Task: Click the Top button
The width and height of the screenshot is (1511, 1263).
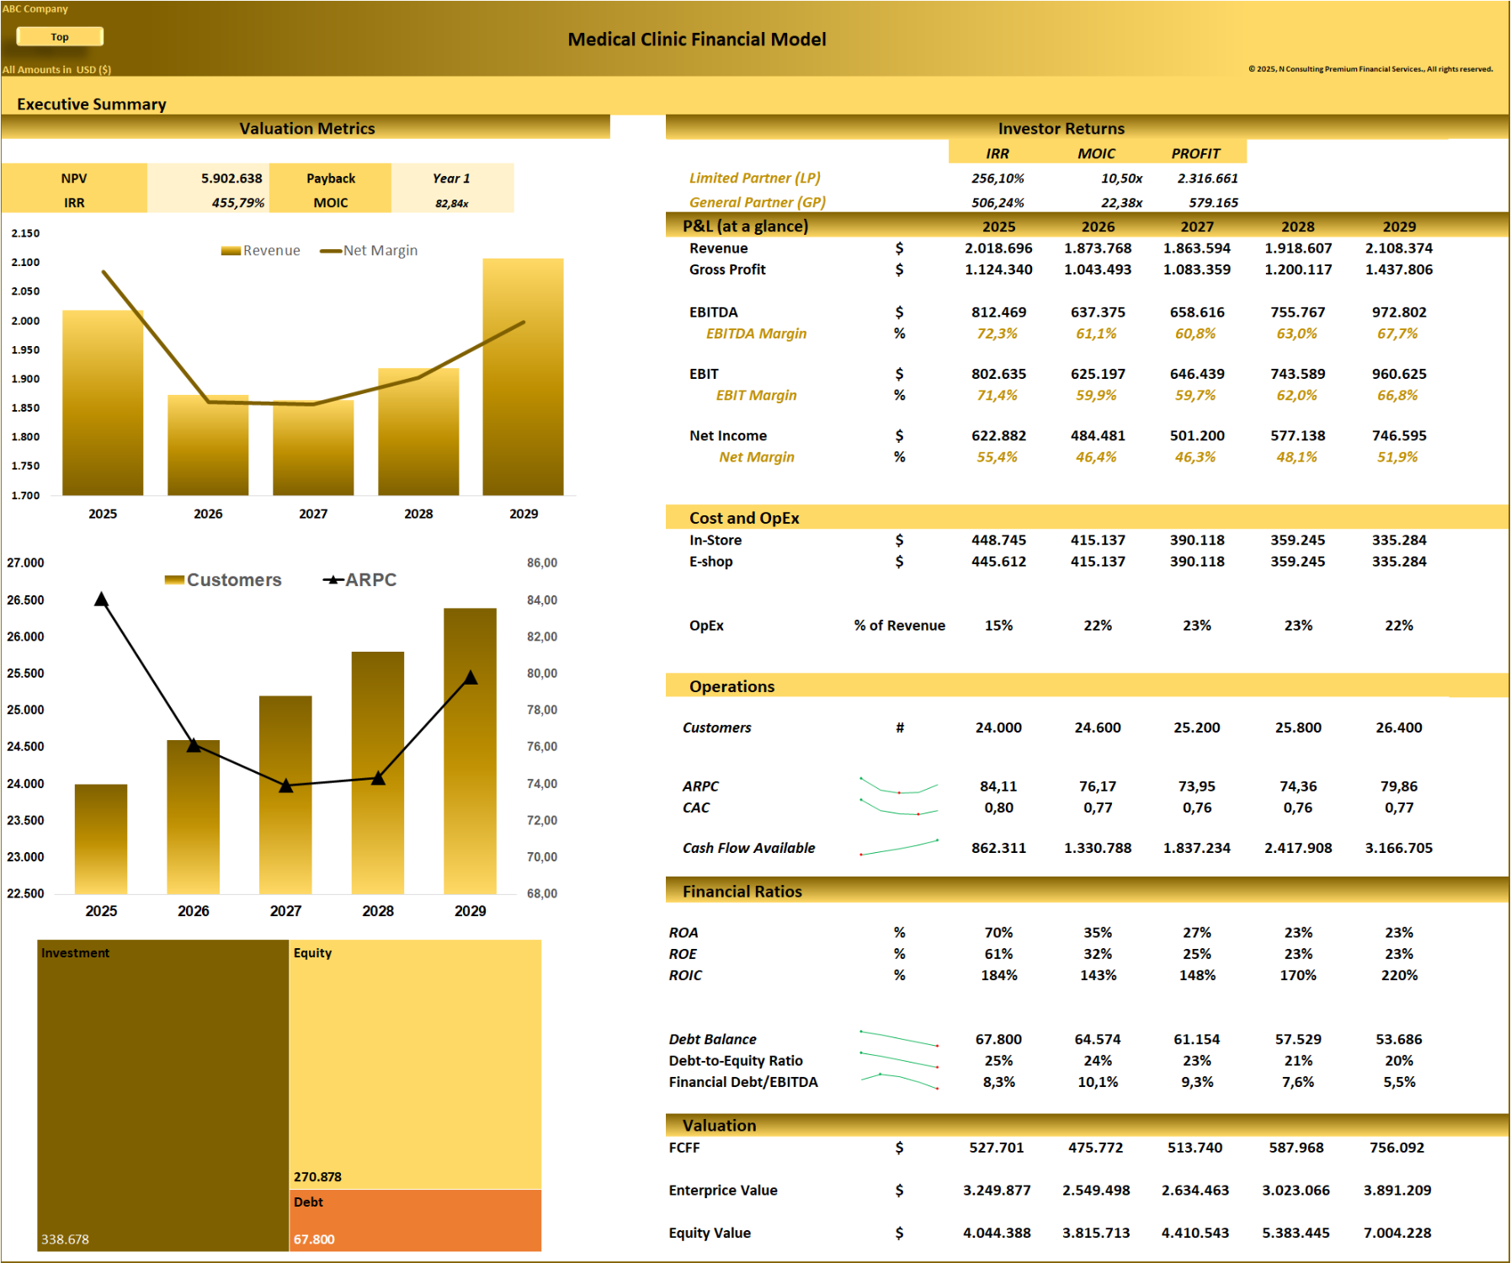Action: coord(60,36)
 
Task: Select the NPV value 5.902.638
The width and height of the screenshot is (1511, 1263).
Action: coord(231,179)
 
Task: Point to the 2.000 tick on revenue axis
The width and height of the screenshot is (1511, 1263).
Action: coord(25,321)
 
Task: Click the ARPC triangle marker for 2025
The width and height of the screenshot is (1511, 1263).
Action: coord(101,600)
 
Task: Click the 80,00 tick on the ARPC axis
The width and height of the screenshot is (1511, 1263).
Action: coord(542,674)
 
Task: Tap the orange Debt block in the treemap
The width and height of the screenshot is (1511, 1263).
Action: coord(415,1219)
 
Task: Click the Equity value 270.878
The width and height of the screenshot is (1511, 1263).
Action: coord(317,1177)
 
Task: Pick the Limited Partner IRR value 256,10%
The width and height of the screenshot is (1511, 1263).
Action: coord(998,179)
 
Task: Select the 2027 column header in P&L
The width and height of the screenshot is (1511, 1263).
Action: coord(1196,226)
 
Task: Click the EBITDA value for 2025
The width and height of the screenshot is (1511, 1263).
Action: coord(998,312)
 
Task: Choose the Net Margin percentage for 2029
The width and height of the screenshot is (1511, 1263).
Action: coord(1397,457)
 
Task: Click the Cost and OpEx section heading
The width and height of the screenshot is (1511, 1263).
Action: coord(744,518)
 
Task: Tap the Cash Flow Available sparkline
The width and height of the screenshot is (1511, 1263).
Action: coord(899,847)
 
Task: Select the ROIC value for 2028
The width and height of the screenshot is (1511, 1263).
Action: coord(1297,975)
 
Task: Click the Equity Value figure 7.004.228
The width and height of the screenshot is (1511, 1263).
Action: coord(1397,1233)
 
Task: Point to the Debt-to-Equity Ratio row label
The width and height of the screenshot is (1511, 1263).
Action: coord(736,1061)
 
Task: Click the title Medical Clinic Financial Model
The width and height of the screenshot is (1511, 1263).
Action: coord(696,40)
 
